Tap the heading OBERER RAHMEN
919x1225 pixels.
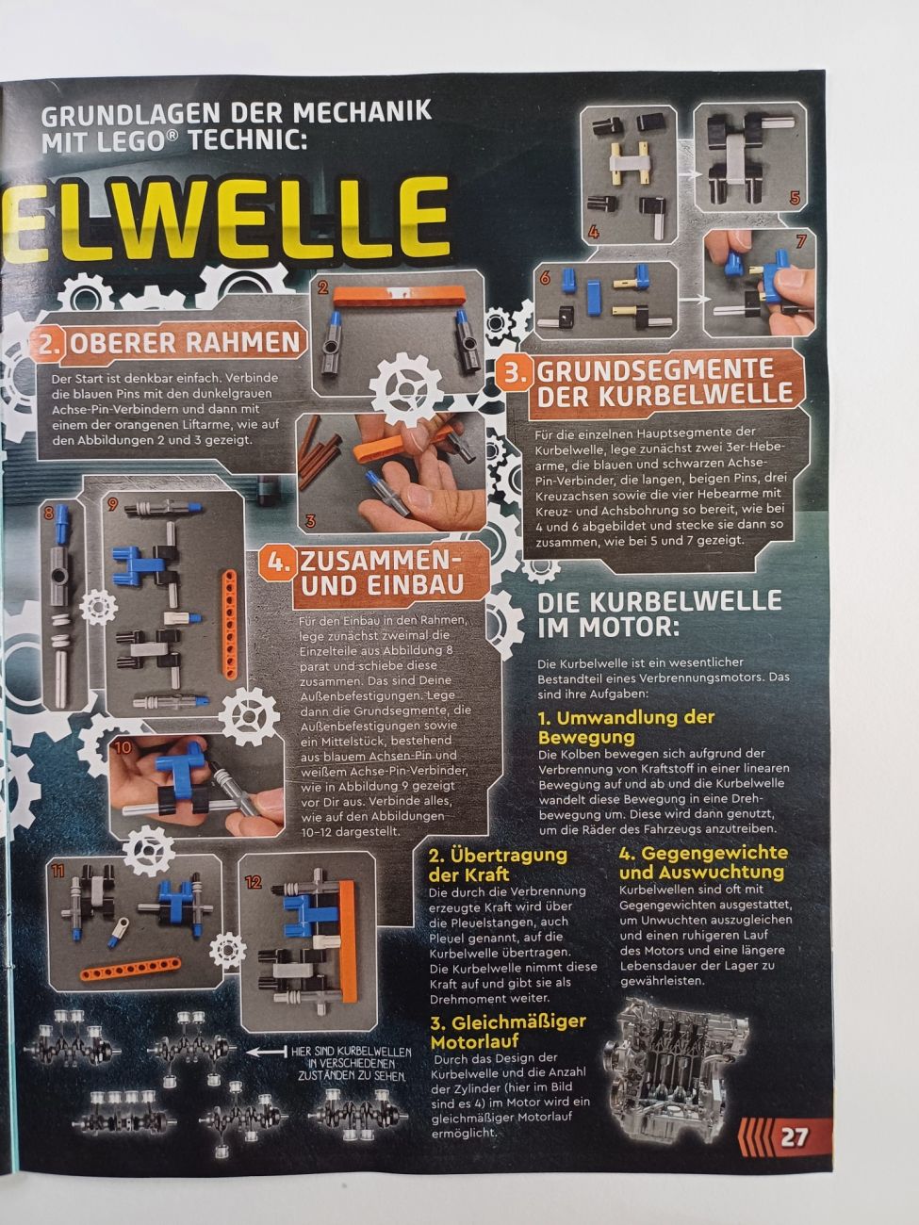(x=185, y=343)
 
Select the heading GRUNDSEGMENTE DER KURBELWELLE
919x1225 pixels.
(x=664, y=383)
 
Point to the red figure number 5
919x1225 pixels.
(x=796, y=197)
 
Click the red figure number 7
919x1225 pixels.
(x=801, y=241)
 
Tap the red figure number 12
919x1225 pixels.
(x=254, y=882)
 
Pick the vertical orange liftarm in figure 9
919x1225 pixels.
(x=230, y=625)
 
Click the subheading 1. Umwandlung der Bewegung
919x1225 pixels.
(x=626, y=727)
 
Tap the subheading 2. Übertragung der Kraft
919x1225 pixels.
(x=499, y=864)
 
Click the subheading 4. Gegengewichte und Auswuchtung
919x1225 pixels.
(x=703, y=862)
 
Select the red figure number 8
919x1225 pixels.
(x=49, y=511)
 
